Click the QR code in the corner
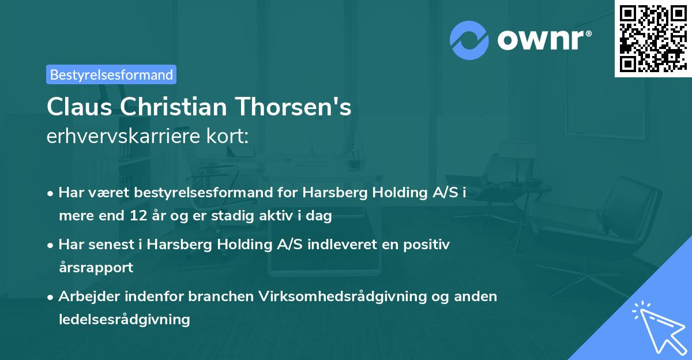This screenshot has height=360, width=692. coord(653,38)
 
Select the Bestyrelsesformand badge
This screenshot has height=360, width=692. coord(111,74)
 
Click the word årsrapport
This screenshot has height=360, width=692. coord(96,268)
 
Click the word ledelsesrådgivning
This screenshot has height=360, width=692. coord(124,319)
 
